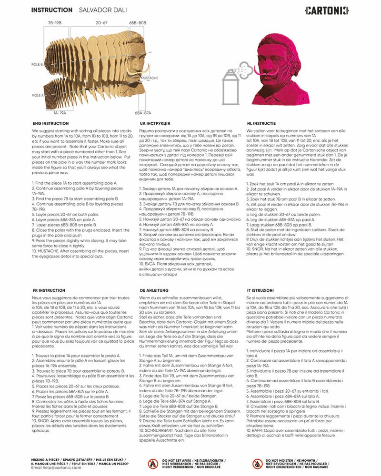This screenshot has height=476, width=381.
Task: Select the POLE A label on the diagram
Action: pyautogui.click(x=38, y=95)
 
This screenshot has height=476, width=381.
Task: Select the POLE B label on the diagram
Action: pyautogui.click(x=38, y=63)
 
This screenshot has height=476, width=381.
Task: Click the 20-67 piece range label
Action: pyautogui.click(x=101, y=22)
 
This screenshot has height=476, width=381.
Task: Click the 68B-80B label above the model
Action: pyautogui.click(x=137, y=22)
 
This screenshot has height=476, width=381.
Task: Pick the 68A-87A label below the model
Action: pyautogui.click(x=143, y=113)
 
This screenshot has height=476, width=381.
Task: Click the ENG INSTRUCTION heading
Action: pyautogui.click(x=50, y=123)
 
